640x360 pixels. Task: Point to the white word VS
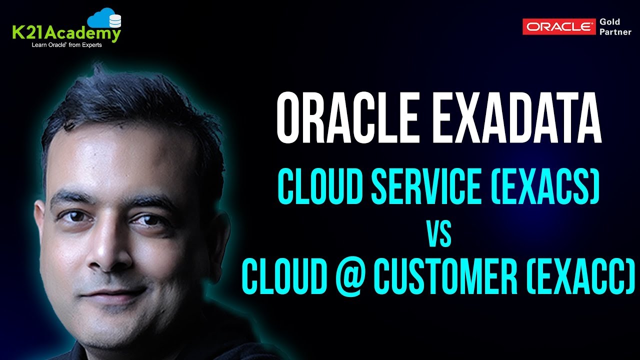[438, 235]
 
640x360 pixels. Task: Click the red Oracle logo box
[559, 27]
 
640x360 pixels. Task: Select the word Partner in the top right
[613, 32]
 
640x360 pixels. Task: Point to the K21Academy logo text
[66, 34]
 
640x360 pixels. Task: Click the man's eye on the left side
[74, 216]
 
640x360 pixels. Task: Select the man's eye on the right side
[145, 218]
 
